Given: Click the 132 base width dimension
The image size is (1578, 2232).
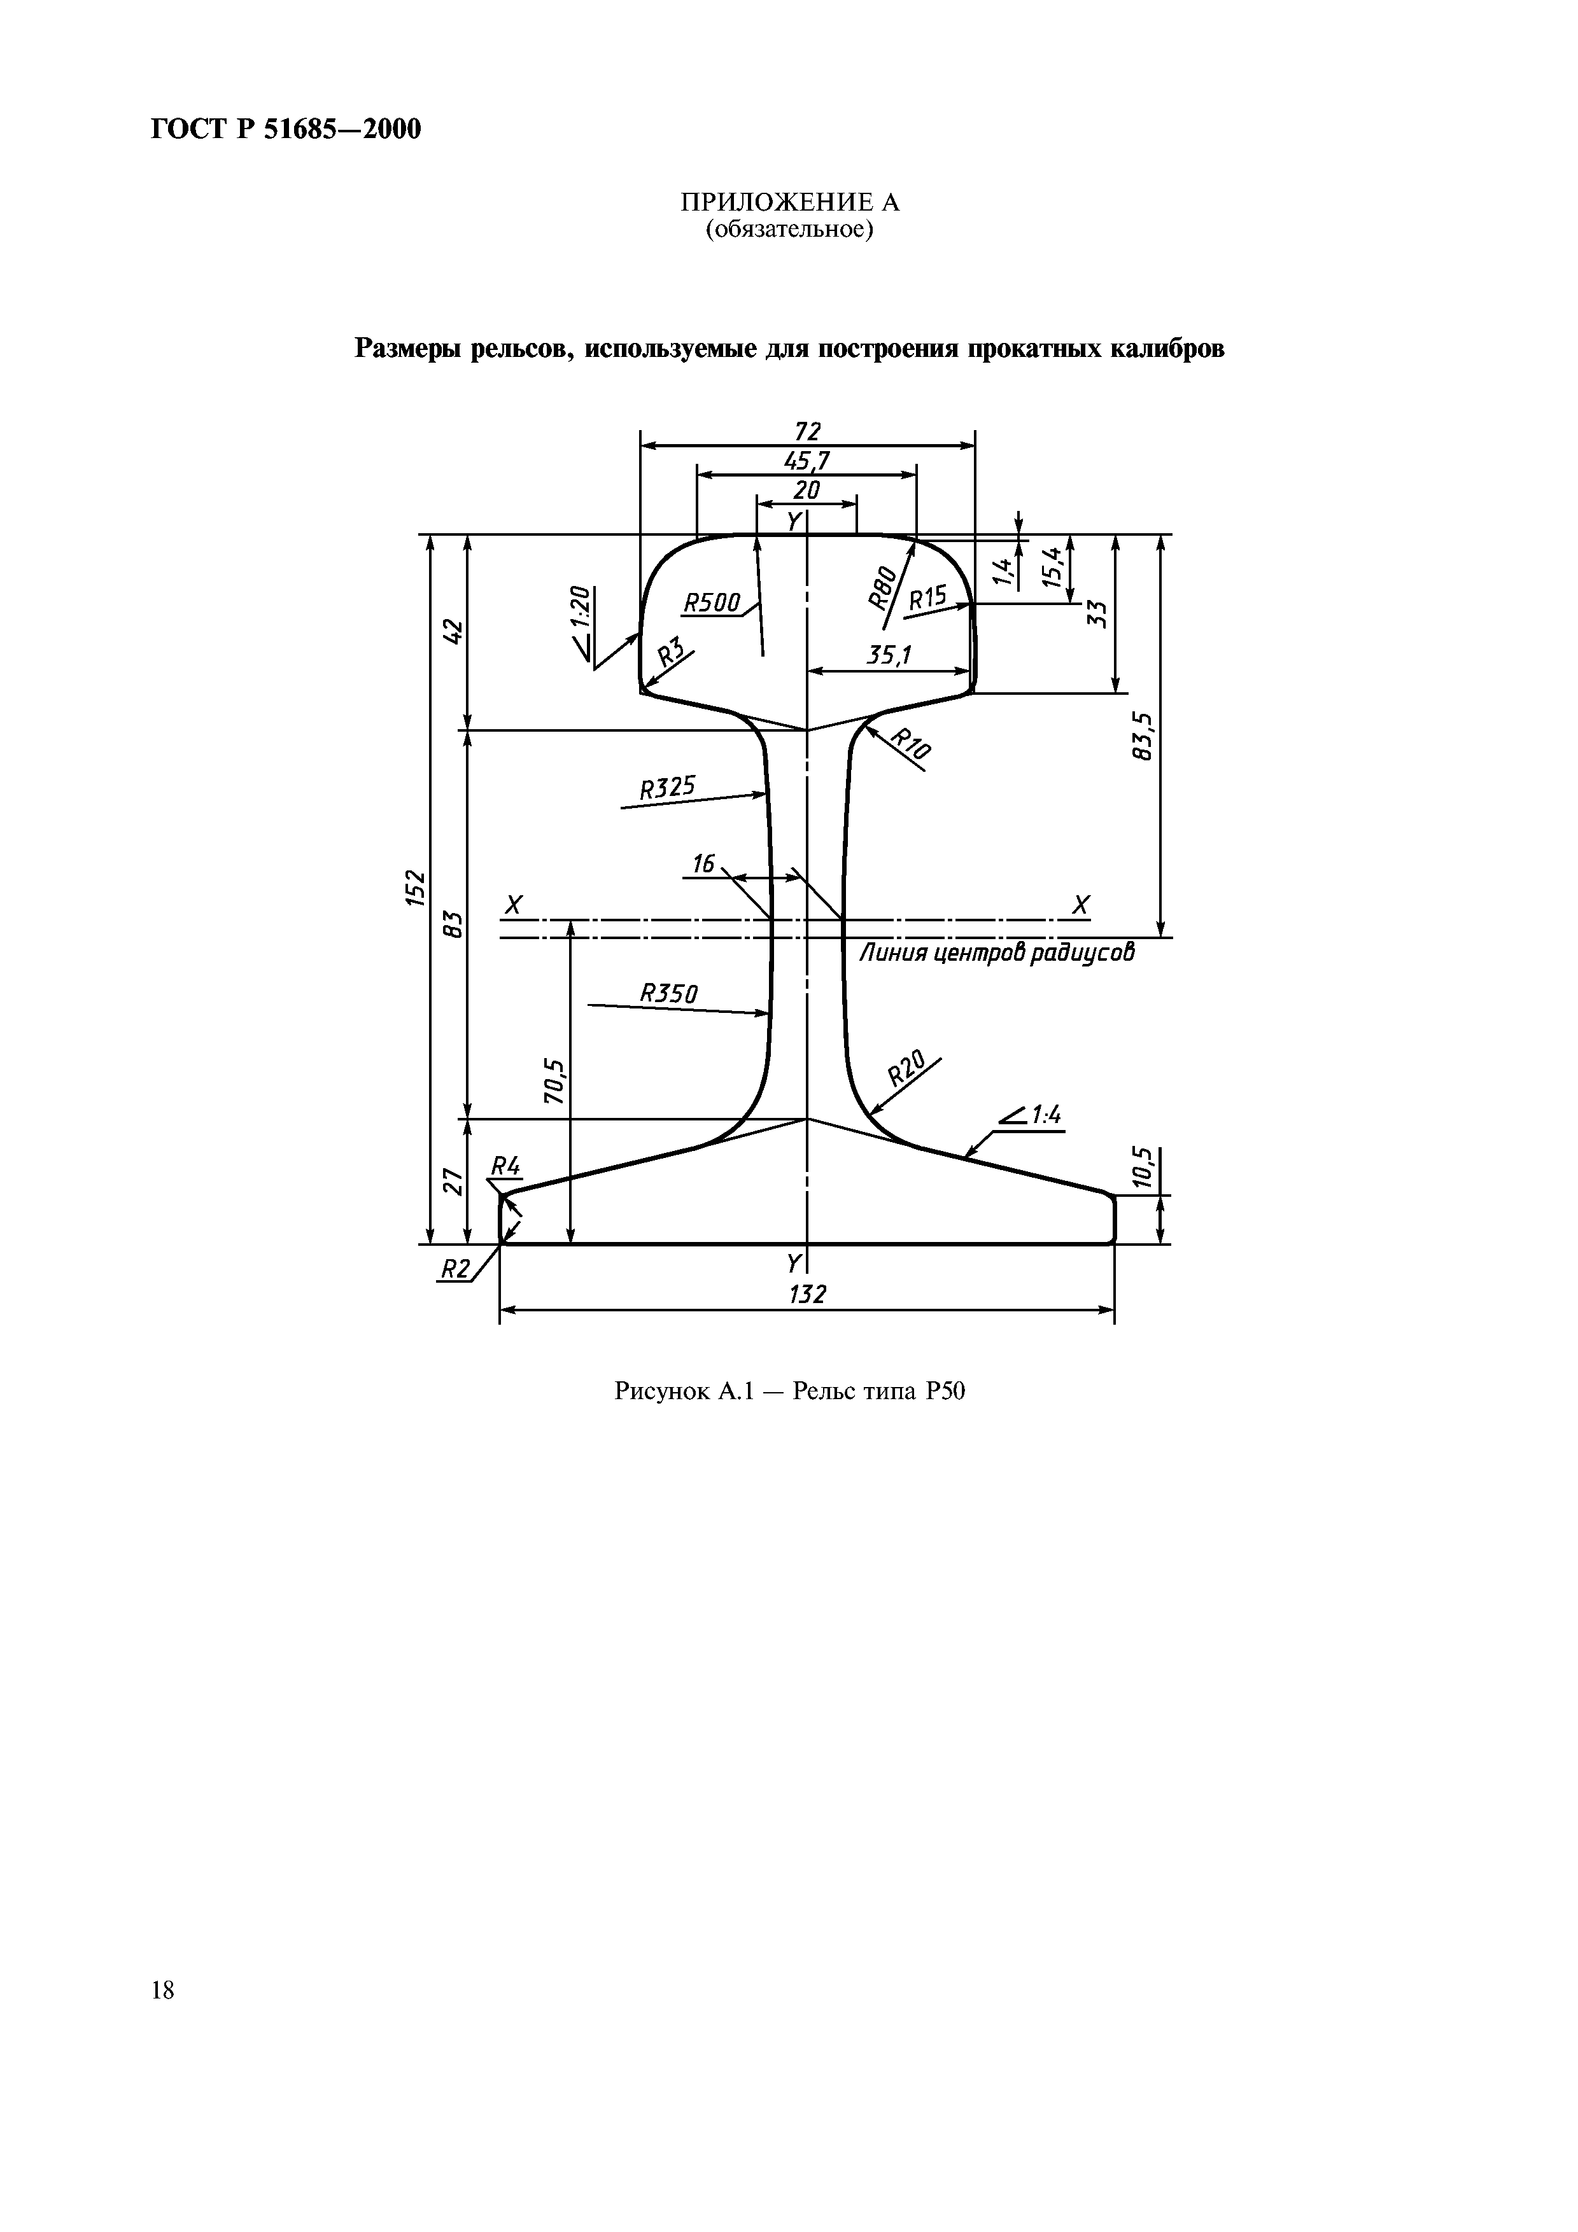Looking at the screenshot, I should coord(808,1294).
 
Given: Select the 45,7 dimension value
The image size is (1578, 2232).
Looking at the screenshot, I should coord(807,460).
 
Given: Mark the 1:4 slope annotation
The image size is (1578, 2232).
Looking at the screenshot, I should coord(1032,1116).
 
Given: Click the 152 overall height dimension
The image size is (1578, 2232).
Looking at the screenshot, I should coord(416,888).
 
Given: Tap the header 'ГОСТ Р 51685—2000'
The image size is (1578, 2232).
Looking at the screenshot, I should coord(286,129).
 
